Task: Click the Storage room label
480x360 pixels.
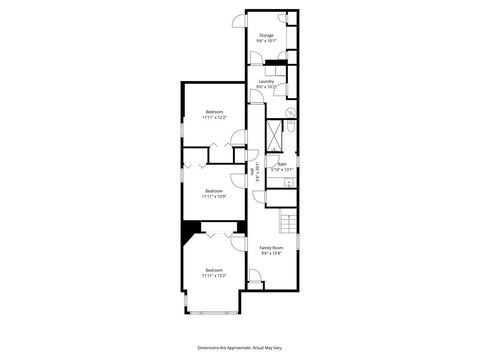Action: coord(266,36)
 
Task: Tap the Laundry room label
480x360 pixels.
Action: coord(266,81)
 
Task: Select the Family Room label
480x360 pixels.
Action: coord(272,247)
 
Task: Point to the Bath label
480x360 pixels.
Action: coord(282,163)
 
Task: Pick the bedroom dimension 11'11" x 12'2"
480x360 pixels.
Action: coord(214,117)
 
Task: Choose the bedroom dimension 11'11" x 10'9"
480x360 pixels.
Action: coord(214,196)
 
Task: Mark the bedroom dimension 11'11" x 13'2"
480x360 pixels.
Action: coord(214,275)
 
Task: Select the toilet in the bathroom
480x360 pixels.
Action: coord(289,127)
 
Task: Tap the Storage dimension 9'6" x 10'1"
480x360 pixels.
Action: coord(266,42)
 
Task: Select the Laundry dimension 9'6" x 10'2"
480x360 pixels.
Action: coord(266,87)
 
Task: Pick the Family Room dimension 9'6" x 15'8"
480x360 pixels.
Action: coord(272,253)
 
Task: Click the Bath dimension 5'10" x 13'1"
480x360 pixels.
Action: coord(282,169)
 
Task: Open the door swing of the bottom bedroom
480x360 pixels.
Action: coord(238,243)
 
